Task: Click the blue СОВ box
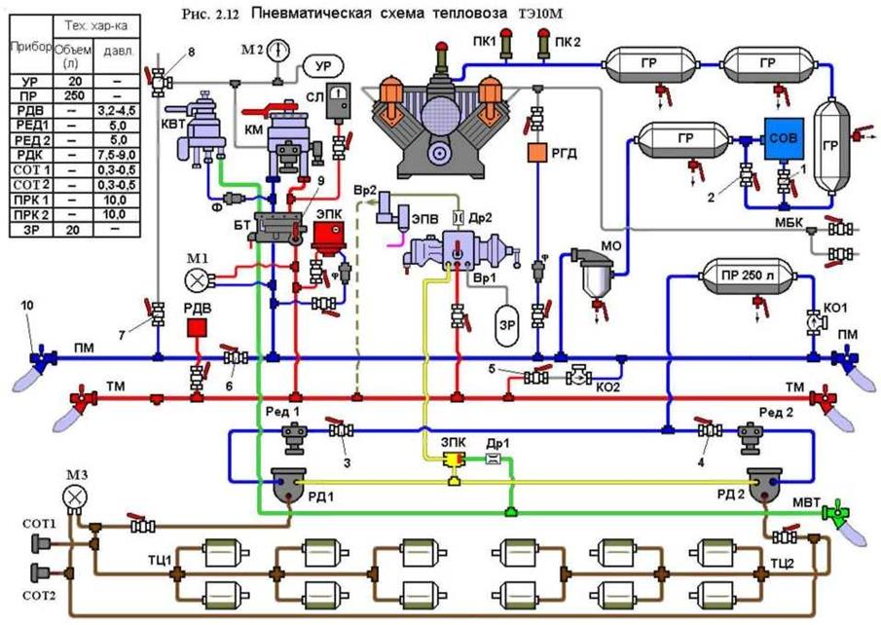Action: coord(783,138)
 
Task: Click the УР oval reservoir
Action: coord(318,66)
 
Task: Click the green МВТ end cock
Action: coord(833,512)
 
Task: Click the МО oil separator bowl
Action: coord(593,277)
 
